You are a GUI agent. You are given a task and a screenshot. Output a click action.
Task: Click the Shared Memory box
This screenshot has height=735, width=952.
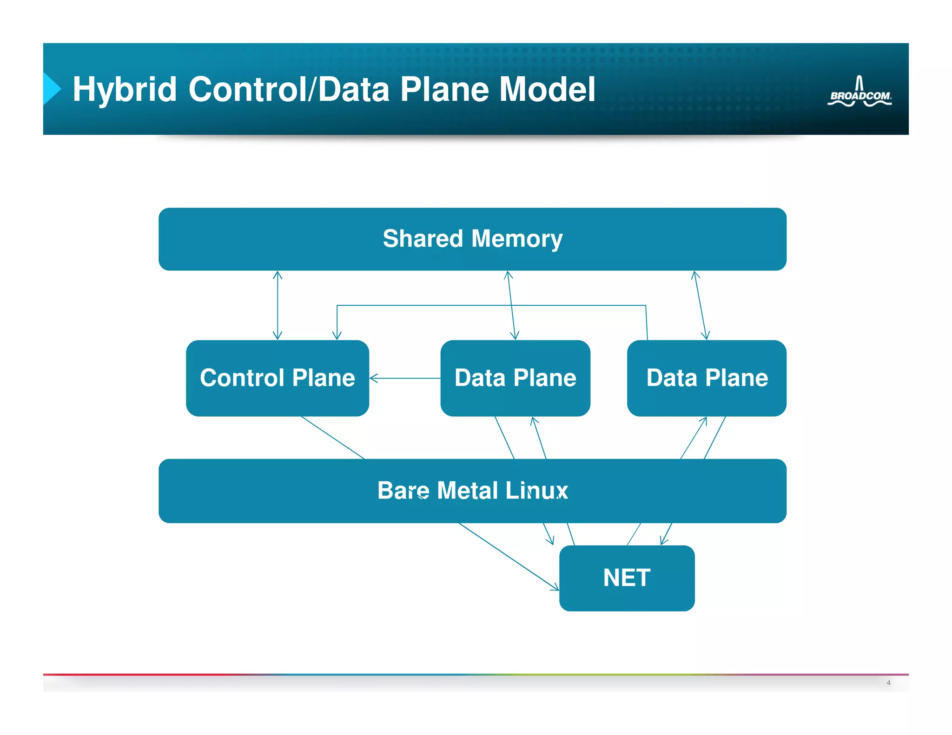tap(472, 239)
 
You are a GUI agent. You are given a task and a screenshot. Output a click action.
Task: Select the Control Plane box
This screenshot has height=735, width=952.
tap(277, 378)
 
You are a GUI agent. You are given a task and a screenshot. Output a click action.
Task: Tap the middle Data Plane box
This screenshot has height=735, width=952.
tap(515, 378)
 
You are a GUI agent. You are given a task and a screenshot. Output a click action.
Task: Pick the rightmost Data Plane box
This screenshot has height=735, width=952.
tap(707, 378)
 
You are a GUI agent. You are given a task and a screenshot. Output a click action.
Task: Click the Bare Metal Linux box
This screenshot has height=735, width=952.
tap(472, 491)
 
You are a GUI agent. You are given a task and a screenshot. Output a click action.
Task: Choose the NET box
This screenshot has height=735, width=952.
tap(627, 578)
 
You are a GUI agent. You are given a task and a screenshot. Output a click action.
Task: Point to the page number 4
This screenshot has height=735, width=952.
tap(888, 682)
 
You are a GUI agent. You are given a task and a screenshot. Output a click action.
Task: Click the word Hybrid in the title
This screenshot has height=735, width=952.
tap(125, 89)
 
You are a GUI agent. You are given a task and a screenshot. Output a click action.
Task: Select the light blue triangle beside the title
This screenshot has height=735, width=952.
tap(51, 88)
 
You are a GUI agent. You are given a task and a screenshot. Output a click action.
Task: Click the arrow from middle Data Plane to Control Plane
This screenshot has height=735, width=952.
tap(405, 378)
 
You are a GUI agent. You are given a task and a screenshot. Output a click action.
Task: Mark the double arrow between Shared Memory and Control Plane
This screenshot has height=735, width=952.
tap(278, 305)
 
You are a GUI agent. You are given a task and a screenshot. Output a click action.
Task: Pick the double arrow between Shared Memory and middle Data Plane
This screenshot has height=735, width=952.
tap(511, 305)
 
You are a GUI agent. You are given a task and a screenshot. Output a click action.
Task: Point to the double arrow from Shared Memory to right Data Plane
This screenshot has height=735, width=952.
tap(701, 305)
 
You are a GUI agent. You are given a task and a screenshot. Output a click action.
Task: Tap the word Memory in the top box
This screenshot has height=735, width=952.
tap(517, 239)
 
